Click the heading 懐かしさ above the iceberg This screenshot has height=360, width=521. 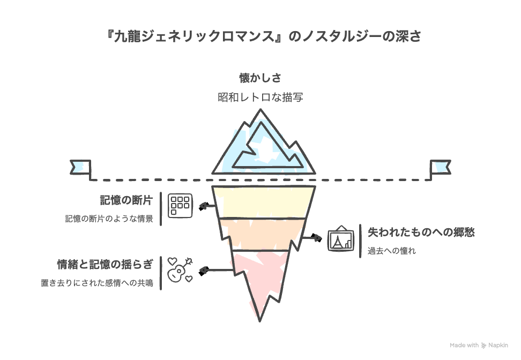(260, 78)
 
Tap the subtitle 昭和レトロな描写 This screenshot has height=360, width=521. (260, 97)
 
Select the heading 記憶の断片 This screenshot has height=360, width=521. (126, 200)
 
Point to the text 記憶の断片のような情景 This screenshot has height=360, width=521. (109, 219)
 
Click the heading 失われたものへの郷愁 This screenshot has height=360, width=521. (421, 232)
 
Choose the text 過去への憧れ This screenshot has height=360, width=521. (391, 251)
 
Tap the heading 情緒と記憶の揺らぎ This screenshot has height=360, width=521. (105, 264)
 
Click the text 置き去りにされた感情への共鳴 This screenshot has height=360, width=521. (97, 283)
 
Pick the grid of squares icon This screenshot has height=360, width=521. (180, 206)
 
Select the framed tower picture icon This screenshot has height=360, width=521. (340, 238)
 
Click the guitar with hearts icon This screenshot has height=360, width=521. (180, 270)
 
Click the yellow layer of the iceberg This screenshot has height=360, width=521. (264, 202)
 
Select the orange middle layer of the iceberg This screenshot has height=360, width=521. (261, 234)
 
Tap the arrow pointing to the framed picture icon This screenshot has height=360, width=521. (311, 237)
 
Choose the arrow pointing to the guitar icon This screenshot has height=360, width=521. (216, 271)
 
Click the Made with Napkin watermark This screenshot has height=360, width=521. (479, 346)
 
